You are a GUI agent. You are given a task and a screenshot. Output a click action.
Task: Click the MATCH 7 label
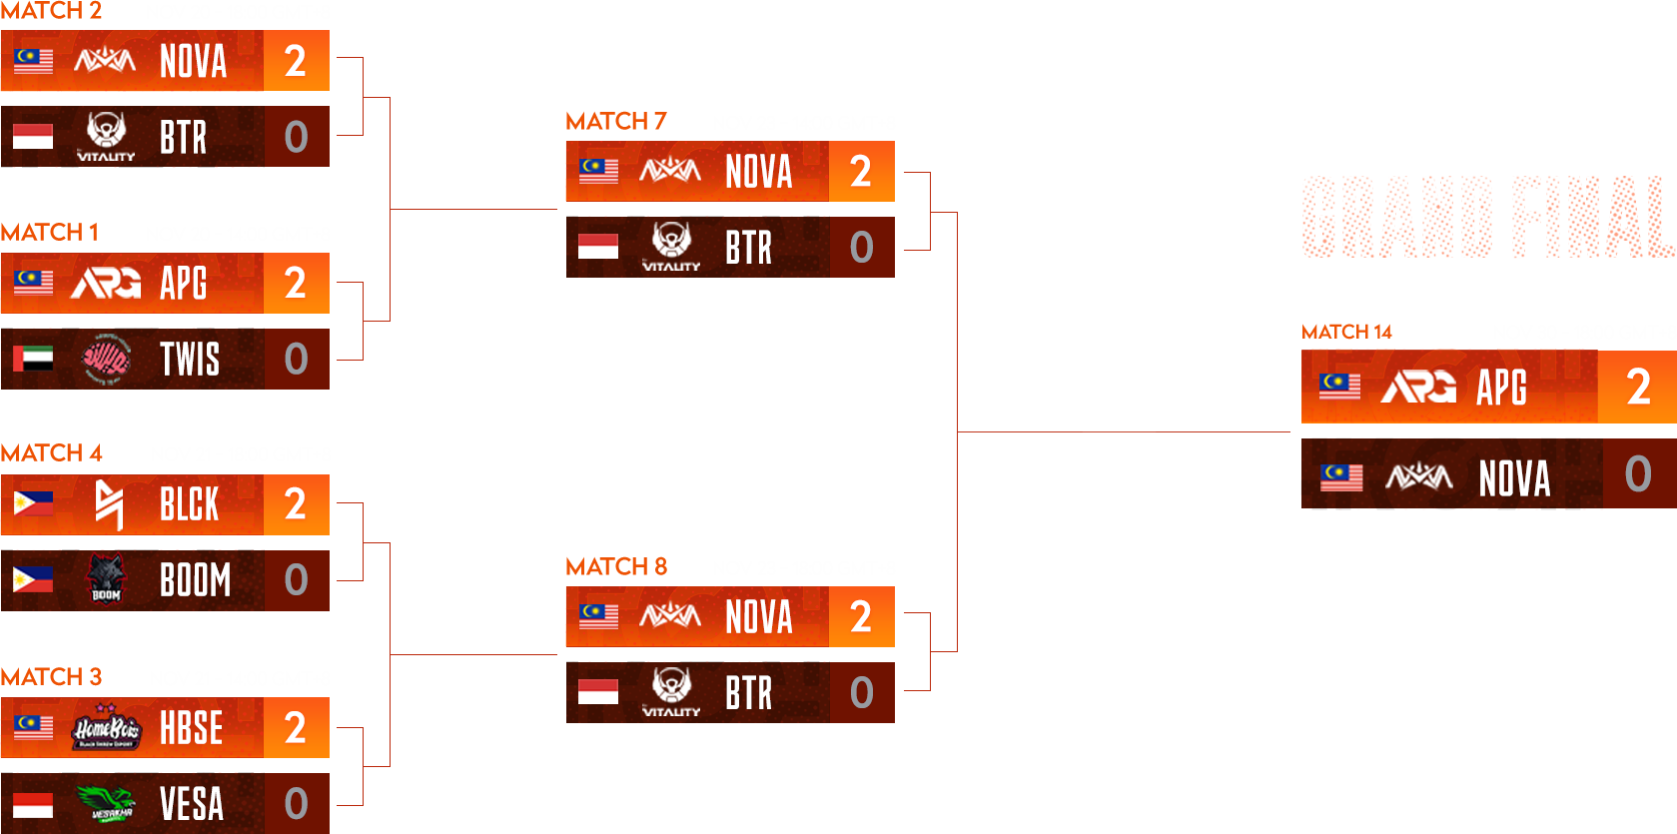[615, 122]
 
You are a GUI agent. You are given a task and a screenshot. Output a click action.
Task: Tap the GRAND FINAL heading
[1488, 218]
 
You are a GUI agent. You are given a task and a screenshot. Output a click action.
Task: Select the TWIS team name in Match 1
[190, 360]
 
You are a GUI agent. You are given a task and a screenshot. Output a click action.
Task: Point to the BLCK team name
[190, 505]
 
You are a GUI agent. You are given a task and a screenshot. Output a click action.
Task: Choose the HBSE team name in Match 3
[191, 728]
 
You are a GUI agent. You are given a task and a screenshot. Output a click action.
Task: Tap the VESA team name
[191, 804]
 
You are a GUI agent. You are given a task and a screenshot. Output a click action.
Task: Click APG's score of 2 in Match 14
[1638, 388]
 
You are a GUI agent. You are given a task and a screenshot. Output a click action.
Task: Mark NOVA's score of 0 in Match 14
[1638, 474]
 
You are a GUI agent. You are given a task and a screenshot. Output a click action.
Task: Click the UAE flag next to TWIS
[33, 359]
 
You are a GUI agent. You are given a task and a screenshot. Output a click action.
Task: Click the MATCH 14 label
[1346, 332]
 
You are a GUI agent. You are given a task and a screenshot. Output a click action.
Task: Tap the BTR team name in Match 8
[749, 693]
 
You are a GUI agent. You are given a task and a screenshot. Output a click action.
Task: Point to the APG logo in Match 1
[106, 284]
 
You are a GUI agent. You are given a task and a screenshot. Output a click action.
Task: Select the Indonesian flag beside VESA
[33, 804]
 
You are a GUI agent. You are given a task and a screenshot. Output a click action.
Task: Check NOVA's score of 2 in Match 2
[296, 61]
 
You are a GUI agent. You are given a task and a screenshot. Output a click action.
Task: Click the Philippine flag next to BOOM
[33, 580]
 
